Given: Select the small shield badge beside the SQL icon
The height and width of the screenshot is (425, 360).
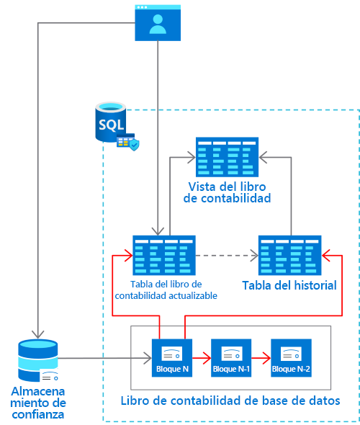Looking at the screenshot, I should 134,145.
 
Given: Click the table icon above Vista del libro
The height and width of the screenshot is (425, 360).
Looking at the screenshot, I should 227,156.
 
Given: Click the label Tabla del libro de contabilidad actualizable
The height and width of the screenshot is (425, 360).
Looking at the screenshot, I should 165,289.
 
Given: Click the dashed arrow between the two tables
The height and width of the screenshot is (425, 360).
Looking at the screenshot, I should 227,255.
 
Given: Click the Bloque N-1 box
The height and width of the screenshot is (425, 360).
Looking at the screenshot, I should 231,357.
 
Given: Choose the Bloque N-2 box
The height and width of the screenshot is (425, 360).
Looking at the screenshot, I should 291,357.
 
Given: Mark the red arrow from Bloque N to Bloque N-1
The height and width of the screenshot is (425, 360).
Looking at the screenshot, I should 202,356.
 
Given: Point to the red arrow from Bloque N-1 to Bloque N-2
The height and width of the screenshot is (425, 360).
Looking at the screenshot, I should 261,356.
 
